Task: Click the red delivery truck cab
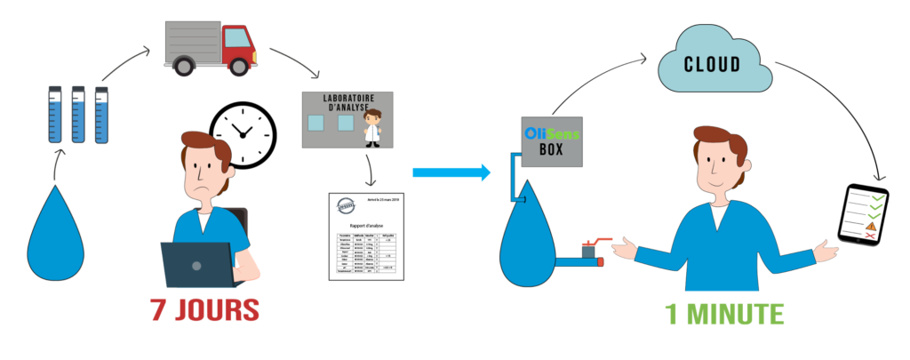click(238, 49)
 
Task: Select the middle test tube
click(78, 115)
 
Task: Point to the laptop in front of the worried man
click(197, 265)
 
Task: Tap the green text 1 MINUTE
click(724, 314)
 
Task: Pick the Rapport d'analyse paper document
click(366, 236)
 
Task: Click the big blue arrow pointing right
click(451, 172)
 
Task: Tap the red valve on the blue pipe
click(590, 245)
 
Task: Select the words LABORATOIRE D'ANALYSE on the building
click(349, 101)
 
